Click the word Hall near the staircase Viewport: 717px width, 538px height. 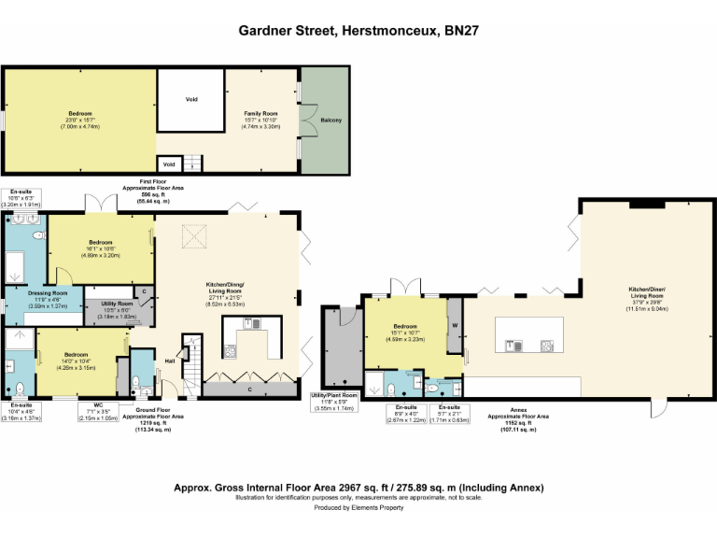coord(171,360)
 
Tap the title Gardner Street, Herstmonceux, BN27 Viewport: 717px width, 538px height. coord(358,30)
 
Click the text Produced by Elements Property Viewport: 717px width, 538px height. coord(358,508)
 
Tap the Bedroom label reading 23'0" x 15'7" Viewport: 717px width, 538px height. coord(77,120)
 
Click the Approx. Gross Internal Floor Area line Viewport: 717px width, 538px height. coord(358,488)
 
